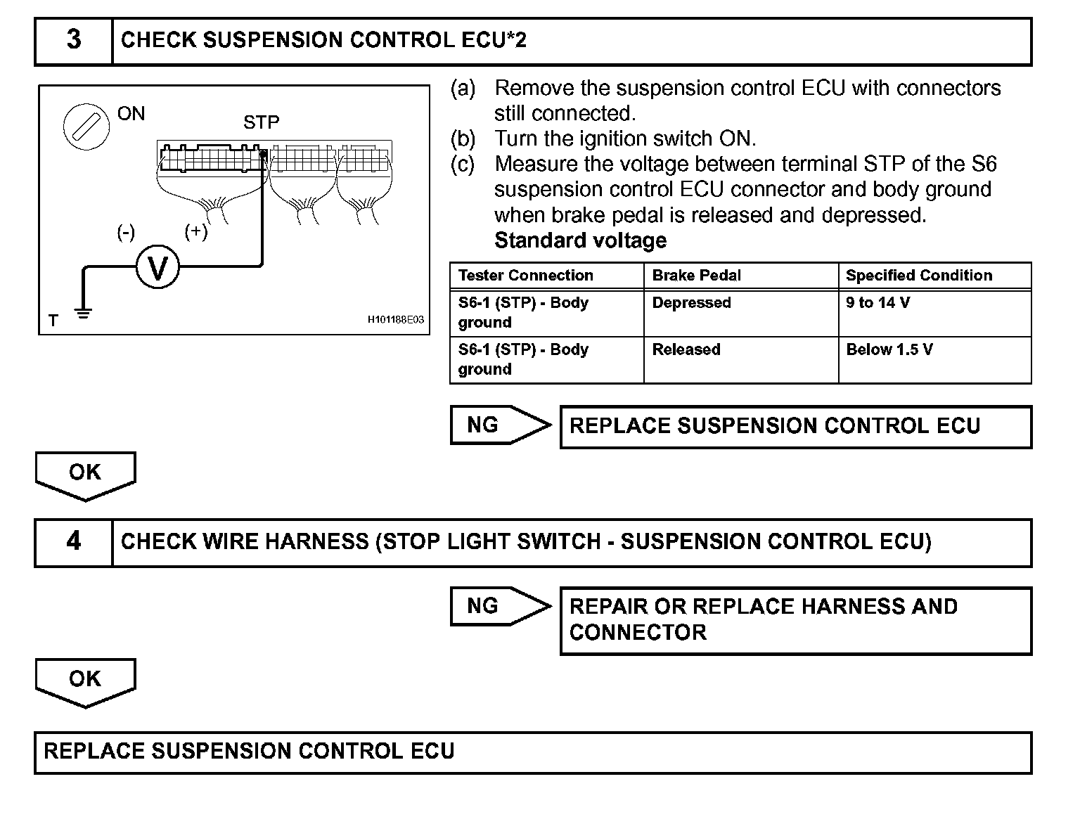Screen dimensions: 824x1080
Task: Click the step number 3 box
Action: click(73, 41)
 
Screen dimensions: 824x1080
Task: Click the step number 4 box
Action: click(73, 542)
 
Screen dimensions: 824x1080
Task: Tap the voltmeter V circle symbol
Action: click(158, 267)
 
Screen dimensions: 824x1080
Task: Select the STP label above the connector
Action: click(262, 123)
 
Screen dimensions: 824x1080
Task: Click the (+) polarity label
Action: click(196, 231)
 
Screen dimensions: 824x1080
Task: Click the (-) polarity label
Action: click(126, 232)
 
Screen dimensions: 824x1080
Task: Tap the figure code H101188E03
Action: click(396, 320)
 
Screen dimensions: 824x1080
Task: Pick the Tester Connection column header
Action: click(526, 276)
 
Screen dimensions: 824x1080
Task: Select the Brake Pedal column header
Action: click(697, 276)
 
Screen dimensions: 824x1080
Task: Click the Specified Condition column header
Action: click(919, 276)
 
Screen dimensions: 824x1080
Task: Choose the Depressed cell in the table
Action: click(692, 303)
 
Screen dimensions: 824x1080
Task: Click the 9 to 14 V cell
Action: click(878, 303)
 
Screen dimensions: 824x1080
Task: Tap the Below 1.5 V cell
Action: click(889, 350)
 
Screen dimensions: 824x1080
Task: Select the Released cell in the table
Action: click(686, 350)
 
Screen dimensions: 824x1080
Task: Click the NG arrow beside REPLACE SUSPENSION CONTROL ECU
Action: click(499, 425)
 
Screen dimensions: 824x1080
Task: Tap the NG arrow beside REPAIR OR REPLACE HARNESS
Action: click(499, 606)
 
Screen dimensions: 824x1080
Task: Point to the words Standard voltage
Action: click(581, 240)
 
